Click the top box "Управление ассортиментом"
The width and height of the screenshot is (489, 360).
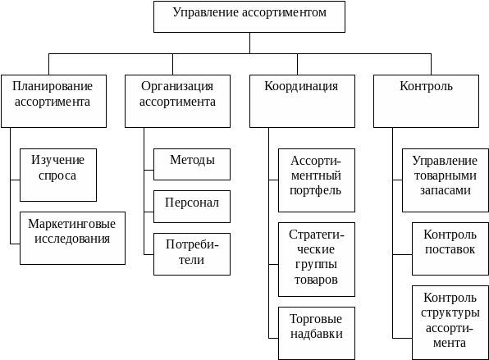coord(249,16)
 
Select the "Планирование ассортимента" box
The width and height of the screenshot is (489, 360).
coord(53,101)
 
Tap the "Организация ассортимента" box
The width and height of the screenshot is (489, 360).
coord(177,101)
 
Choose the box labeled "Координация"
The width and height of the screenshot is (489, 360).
coord(302,101)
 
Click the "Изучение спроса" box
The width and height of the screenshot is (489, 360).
coord(58,175)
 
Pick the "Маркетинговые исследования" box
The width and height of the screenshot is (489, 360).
coord(72,238)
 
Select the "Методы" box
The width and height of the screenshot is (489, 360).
coord(192,164)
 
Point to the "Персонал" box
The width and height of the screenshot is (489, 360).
coord(192,207)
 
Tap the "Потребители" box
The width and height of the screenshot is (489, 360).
coord(192,254)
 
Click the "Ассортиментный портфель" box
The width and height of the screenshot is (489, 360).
coord(317,180)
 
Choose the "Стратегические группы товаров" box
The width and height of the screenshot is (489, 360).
coord(317,259)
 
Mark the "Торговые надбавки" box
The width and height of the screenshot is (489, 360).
coord(317,333)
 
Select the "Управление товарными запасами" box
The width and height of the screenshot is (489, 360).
coord(446,180)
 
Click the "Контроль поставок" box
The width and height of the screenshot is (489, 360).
coord(450,248)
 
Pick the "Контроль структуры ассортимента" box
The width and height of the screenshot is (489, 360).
coord(450,322)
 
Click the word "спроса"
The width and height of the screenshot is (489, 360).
coord(57,175)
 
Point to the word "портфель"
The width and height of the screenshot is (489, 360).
coord(315,190)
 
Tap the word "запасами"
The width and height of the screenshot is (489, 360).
coord(445,190)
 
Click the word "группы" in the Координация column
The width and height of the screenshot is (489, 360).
coord(316,265)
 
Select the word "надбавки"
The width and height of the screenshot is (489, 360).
coord(317,334)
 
